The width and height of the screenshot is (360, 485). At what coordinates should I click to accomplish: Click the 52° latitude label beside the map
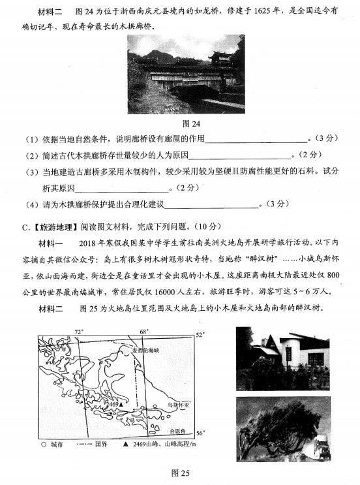[202, 335]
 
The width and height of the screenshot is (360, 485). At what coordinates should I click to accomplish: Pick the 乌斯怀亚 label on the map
[177, 405]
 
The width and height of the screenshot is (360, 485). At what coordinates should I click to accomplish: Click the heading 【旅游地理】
[44, 227]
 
